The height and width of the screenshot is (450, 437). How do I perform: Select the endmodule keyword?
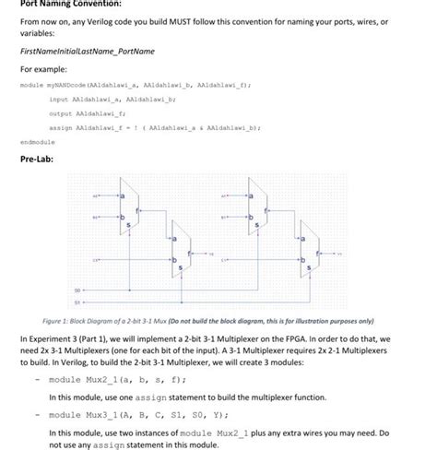tap(36, 143)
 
